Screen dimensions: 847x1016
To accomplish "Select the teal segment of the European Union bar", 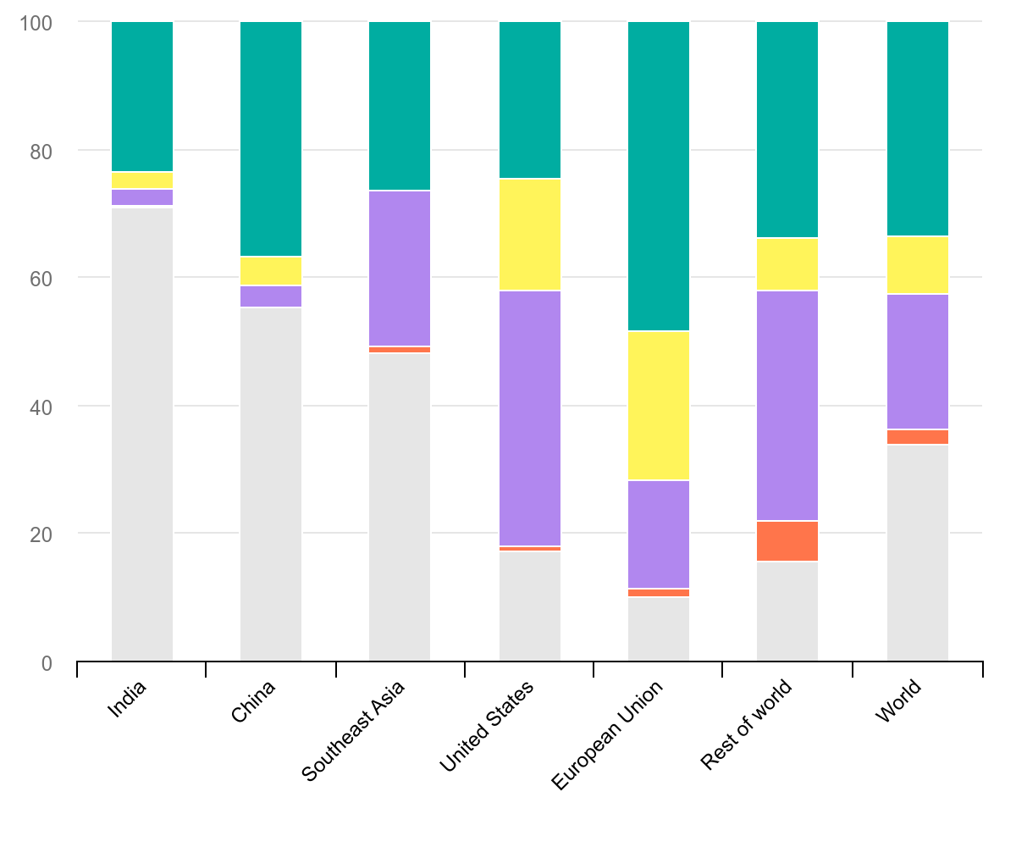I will pyautogui.click(x=659, y=176).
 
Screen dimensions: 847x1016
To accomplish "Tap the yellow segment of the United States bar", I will pyautogui.click(x=530, y=235).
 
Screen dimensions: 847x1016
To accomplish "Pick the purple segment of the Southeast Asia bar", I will pyautogui.click(x=400, y=268).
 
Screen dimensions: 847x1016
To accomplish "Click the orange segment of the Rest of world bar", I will pyautogui.click(x=787, y=541).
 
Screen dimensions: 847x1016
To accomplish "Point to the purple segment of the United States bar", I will pyautogui.click(x=530, y=418).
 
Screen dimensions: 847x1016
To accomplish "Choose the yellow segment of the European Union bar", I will pyautogui.click(x=659, y=406).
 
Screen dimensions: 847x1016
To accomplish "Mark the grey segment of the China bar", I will pyautogui.click(x=271, y=484).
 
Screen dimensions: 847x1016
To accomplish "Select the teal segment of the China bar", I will pyautogui.click(x=271, y=139).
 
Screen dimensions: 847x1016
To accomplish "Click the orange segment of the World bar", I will pyautogui.click(x=918, y=437).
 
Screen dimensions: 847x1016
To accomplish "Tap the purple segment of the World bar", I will pyautogui.click(x=918, y=362).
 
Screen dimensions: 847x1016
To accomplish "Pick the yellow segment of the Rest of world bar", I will pyautogui.click(x=787, y=264).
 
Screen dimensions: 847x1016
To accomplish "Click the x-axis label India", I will pyautogui.click(x=128, y=700).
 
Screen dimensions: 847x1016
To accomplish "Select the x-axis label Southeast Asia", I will pyautogui.click(x=354, y=730).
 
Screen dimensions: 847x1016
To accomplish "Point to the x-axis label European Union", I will pyautogui.click(x=606, y=734).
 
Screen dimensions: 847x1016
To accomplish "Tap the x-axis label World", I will pyautogui.click(x=898, y=701).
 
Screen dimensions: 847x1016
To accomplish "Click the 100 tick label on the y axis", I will pyautogui.click(x=36, y=23).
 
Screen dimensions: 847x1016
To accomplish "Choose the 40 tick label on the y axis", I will pyautogui.click(x=40, y=407).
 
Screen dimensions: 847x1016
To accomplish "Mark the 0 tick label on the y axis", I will pyautogui.click(x=47, y=662).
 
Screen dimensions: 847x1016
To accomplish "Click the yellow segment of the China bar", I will pyautogui.click(x=271, y=271).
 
